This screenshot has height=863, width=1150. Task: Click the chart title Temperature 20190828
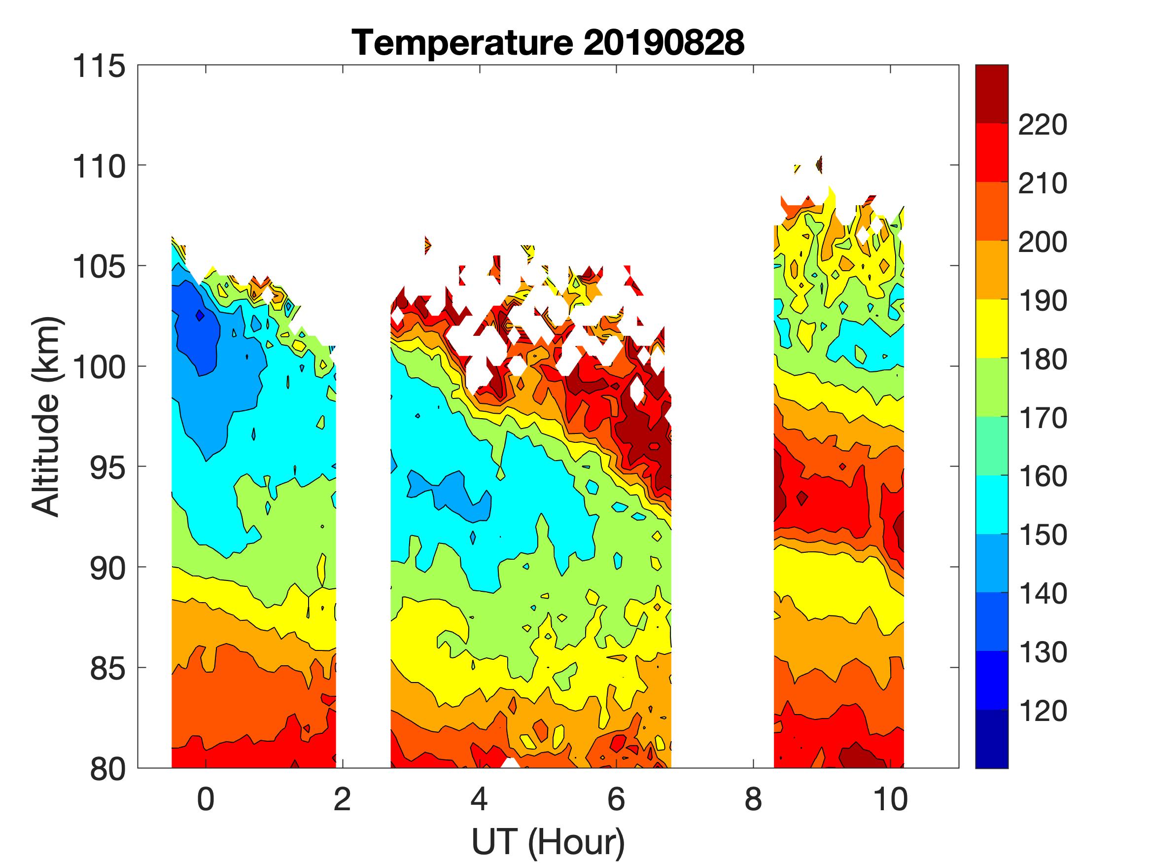[548, 42]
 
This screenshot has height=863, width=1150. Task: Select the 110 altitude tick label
[99, 167]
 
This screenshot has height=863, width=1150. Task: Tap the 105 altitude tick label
[99, 267]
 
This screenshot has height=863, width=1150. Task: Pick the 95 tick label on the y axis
[108, 468]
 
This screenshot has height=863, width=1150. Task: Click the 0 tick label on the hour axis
[206, 799]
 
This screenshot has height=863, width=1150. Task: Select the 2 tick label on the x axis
[342, 799]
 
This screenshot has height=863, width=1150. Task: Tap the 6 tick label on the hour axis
[616, 799]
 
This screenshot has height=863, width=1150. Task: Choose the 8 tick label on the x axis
[753, 799]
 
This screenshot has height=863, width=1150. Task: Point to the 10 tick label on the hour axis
[890, 799]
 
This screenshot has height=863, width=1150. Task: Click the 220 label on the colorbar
[1043, 125]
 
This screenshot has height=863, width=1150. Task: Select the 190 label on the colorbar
[1043, 301]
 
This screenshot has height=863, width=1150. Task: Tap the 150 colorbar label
[1043, 535]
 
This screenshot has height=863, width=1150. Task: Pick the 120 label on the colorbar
[1043, 711]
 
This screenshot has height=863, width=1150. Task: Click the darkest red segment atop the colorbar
[991, 94]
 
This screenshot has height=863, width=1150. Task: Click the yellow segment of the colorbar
[991, 329]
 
